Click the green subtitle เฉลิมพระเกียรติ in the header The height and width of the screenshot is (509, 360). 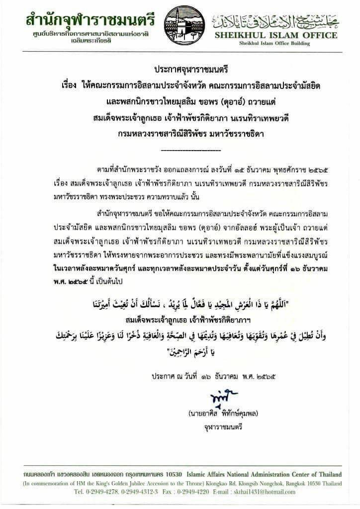point(83,45)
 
